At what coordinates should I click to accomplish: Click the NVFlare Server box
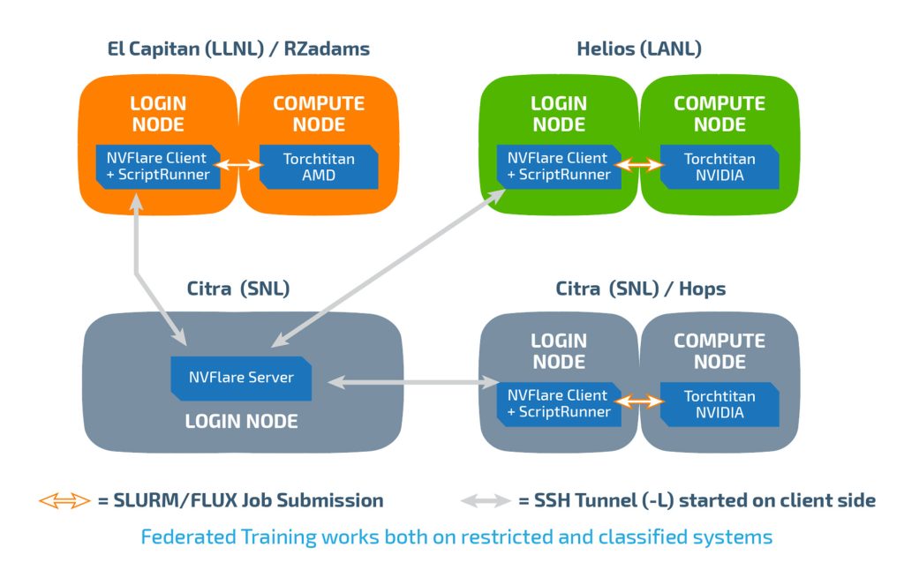[x=241, y=378]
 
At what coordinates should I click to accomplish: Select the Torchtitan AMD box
[x=319, y=167]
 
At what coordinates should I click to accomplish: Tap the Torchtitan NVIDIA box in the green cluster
[x=719, y=167]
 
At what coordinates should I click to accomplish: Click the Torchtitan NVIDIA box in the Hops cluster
[x=719, y=404]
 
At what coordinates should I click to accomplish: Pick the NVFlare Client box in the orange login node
[x=157, y=166]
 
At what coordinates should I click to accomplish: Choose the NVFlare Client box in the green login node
[x=558, y=166]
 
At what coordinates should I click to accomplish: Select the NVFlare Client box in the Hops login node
[x=558, y=403]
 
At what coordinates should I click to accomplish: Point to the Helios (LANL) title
[x=639, y=49]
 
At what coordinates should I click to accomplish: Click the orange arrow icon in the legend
[x=64, y=501]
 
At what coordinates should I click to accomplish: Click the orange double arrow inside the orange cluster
[x=240, y=165]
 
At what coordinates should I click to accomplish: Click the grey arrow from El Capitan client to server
[x=157, y=269]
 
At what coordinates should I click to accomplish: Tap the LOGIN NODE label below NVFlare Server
[x=241, y=422]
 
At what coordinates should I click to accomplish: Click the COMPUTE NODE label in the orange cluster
[x=319, y=114]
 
